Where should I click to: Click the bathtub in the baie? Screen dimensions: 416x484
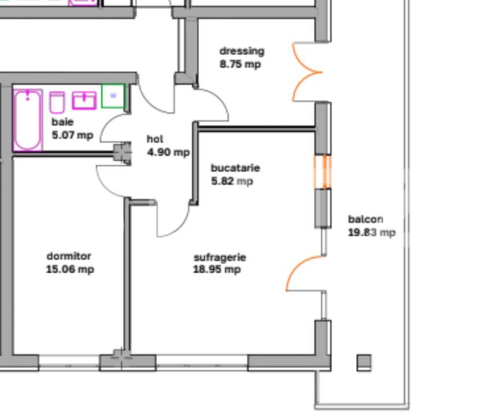tap(28, 120)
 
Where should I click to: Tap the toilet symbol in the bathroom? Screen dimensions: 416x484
tap(57, 102)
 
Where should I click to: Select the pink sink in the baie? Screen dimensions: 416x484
tap(84, 100)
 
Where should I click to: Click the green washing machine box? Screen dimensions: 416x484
tap(113, 96)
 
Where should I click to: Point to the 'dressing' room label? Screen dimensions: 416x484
tap(242, 51)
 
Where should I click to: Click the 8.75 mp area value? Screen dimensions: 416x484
tap(240, 64)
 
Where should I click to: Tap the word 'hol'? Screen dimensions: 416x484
tap(155, 139)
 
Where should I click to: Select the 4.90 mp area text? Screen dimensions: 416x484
tap(168, 153)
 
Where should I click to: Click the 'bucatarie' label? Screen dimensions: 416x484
tap(235, 168)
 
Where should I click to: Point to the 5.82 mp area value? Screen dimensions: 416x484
tap(232, 181)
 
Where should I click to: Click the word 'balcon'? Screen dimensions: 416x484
tap(365, 219)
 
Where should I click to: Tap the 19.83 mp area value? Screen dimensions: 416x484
tap(372, 232)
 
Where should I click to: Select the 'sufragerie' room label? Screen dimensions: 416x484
tap(220, 257)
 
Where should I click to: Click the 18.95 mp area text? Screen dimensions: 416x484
tap(217, 270)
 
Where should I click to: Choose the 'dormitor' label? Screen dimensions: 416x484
tap(69, 256)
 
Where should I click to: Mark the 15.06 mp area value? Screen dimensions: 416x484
tap(70, 269)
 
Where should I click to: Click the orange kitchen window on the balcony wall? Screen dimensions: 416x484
tap(323, 172)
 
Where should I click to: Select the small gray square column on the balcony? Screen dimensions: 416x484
tap(364, 362)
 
